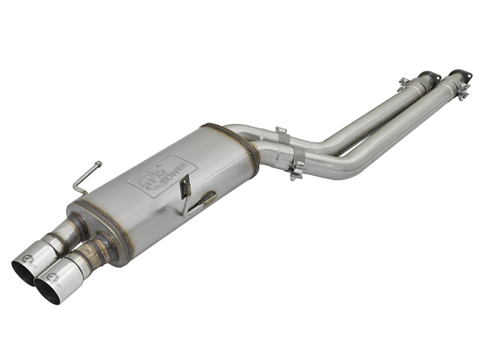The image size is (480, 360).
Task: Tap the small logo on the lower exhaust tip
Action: [x=52, y=277]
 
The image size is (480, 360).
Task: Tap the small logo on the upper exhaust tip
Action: [x=28, y=259]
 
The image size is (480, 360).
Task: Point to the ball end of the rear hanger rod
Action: [x=98, y=163]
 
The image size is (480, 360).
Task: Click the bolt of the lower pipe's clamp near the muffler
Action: [x=295, y=175]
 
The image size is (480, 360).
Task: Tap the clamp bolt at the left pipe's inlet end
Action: [x=404, y=82]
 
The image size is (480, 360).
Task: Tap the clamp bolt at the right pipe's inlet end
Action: [x=462, y=91]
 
